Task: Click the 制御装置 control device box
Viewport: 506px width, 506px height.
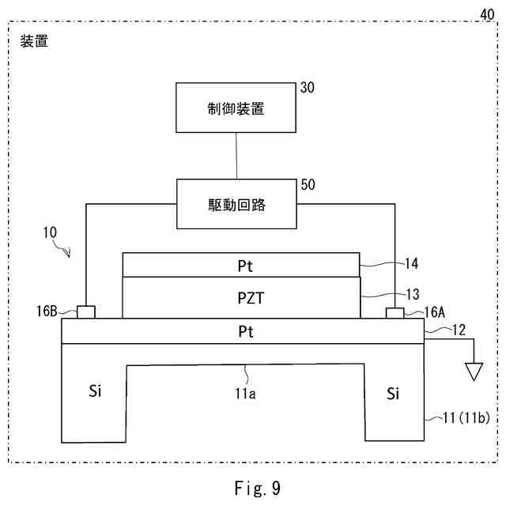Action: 237,109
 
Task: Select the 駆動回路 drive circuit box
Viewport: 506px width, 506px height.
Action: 237,204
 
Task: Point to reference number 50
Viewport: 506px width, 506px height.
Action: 308,185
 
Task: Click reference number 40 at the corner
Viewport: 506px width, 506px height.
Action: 489,13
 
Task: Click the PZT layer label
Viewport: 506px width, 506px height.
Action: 243,297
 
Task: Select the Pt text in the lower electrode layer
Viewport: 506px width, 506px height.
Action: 243,331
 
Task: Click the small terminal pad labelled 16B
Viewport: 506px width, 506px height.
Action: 86,312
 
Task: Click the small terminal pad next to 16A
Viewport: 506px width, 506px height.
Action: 394,313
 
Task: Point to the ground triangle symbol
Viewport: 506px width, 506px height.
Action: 473,371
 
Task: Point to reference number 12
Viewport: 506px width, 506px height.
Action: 438,327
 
